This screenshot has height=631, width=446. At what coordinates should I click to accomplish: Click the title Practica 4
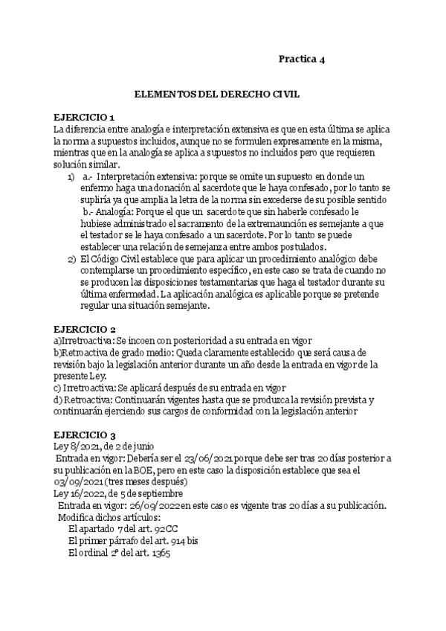301,59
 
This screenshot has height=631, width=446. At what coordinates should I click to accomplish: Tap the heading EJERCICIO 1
84,118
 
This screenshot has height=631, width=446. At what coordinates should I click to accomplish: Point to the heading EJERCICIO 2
84,329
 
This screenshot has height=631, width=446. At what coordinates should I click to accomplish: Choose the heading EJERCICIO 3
84,435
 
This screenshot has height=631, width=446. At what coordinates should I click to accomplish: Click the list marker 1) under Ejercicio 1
71,177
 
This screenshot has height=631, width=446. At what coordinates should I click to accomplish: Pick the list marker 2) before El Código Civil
71,258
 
